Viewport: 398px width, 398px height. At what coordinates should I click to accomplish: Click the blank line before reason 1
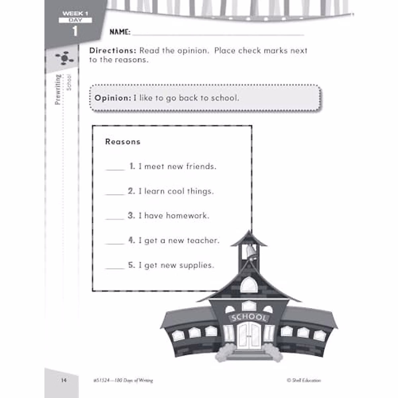click(115, 169)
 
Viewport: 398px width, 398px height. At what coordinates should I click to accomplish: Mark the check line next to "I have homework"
click(115, 218)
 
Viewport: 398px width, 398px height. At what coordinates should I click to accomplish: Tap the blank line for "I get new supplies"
click(115, 268)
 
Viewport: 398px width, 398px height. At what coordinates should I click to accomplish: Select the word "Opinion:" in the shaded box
click(113, 98)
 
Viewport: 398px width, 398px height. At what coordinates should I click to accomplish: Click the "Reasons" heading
click(123, 142)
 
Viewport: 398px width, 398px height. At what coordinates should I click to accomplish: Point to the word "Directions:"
click(113, 51)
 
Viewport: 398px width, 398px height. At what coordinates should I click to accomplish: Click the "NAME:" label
click(120, 32)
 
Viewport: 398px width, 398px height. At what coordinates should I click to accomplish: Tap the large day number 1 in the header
click(75, 31)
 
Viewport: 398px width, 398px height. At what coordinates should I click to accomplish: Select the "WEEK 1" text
click(75, 14)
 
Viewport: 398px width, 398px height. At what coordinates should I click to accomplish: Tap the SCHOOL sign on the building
click(249, 317)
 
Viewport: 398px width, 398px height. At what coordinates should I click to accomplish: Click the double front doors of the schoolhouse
click(249, 335)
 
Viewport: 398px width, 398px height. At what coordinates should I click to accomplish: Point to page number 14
click(64, 380)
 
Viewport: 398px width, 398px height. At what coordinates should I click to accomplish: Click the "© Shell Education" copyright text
click(304, 380)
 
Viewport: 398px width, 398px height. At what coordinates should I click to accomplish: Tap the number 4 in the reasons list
click(132, 240)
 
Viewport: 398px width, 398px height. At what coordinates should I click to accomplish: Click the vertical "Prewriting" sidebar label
click(58, 90)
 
